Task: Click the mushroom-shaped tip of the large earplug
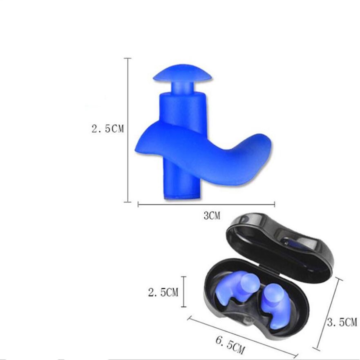tap(182, 73)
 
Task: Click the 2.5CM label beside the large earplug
tap(107, 129)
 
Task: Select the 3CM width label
tap(212, 216)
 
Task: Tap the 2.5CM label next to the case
tap(163, 292)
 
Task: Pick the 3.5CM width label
tap(342, 322)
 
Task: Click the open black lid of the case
tap(279, 246)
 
